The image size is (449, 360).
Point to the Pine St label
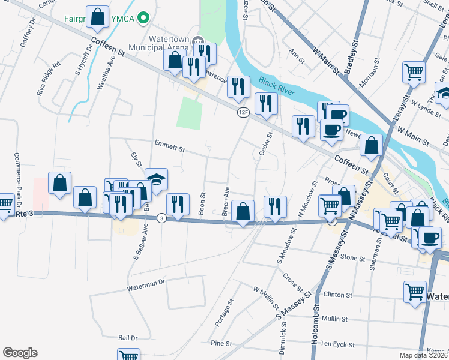coord(221,343)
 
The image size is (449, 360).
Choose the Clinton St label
coord(337,295)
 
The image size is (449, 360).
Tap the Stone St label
coord(352,257)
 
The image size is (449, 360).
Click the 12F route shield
coord(243,112)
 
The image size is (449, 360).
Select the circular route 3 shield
coord(161,218)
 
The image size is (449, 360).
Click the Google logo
coord(20,353)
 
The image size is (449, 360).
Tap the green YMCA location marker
coord(142,18)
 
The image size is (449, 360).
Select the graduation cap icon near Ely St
coord(156,179)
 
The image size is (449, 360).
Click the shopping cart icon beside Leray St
coord(414,71)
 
